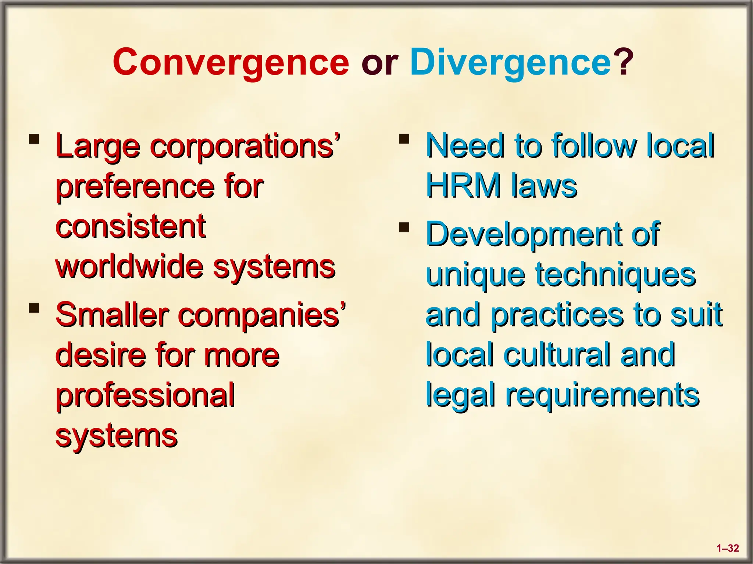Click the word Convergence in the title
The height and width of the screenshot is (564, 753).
pos(231,62)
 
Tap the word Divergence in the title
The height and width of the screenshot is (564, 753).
pos(510,62)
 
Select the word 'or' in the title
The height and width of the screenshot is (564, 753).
pos(379,63)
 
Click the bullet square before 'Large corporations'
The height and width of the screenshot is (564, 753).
pos(34,139)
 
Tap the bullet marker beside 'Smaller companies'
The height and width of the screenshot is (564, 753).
pos(34,308)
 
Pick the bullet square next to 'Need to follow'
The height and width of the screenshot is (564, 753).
pos(404,139)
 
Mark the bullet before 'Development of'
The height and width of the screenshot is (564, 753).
pos(404,227)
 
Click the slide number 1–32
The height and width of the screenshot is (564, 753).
pos(727,548)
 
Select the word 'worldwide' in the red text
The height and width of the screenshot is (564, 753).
pos(129,266)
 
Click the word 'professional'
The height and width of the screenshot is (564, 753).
pos(145,395)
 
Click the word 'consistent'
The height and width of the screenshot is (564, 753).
pos(131,227)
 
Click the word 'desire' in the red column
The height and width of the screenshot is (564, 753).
pos(100,355)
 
